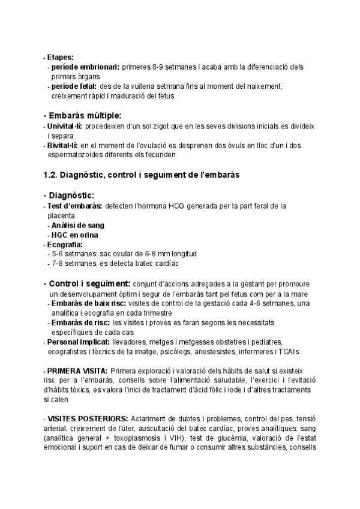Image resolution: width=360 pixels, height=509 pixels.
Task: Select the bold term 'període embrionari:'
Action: [85, 67]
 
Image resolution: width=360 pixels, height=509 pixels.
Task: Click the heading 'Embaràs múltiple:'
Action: [85, 115]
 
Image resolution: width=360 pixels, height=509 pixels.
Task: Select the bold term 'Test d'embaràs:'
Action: [74, 206]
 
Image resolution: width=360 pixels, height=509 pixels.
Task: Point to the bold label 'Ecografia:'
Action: [65, 244]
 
